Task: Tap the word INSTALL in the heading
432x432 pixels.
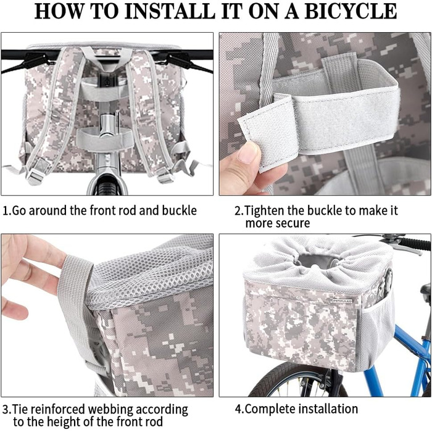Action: (x=169, y=11)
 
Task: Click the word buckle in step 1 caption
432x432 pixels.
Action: (x=180, y=210)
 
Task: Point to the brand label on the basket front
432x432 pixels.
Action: (x=342, y=301)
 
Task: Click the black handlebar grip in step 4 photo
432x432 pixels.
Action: (x=415, y=244)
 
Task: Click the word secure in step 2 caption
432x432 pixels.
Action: (x=294, y=223)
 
